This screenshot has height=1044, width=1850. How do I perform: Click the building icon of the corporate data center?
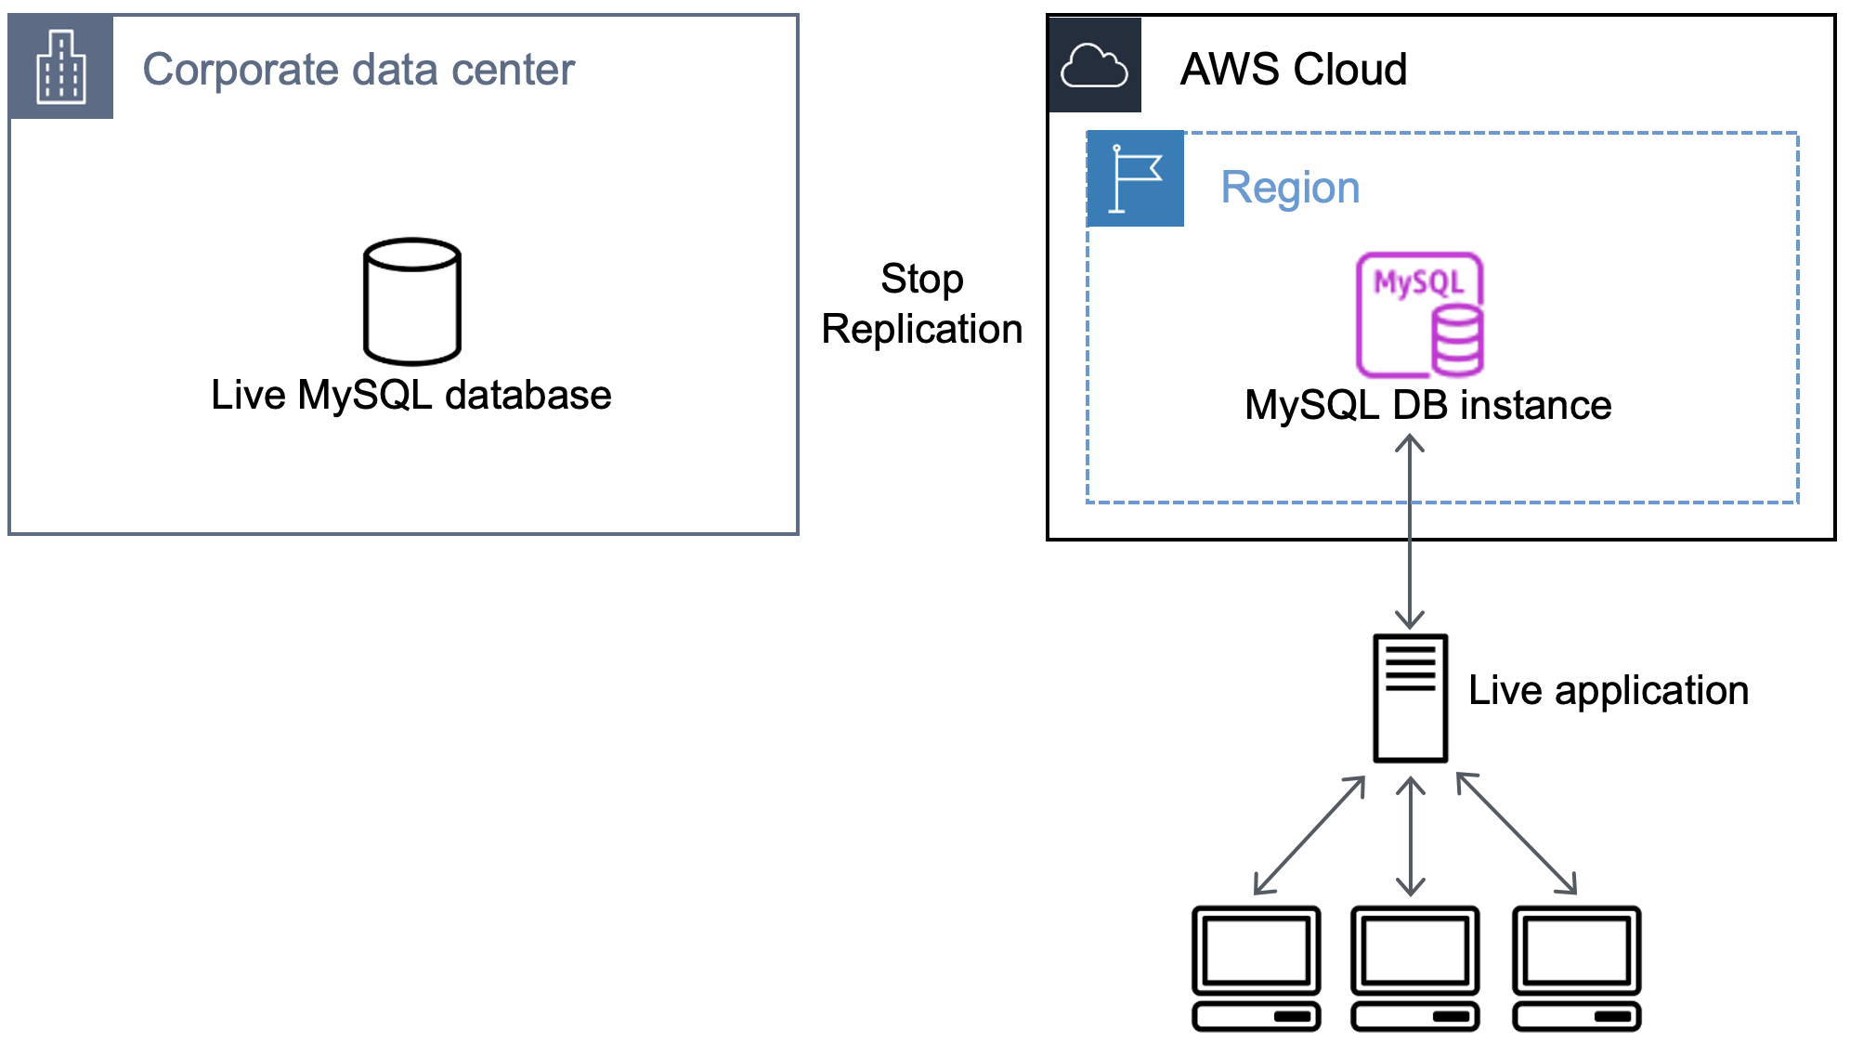pos(60,67)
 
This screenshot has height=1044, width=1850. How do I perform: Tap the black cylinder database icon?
pos(412,301)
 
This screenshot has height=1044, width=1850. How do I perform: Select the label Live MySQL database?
pos(410,396)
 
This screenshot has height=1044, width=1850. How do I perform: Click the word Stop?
pos(921,280)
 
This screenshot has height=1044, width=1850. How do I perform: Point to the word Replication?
pos(921,330)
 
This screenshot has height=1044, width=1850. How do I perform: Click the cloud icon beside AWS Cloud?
pos(1094,65)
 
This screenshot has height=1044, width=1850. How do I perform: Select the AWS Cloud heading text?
pos(1293,70)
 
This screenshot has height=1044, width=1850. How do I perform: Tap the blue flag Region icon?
pos(1135,178)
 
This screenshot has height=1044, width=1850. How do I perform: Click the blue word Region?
pos(1289,188)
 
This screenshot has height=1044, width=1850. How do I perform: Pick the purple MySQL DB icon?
pos(1419,314)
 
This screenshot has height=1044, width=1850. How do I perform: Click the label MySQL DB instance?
pos(1427,406)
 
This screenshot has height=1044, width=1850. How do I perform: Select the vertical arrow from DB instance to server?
pos(1409,539)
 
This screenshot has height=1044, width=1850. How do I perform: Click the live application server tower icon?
pos(1410,698)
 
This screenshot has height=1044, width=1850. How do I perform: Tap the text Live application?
pos(1608,691)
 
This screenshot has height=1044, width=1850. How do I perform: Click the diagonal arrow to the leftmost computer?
pos(1309,836)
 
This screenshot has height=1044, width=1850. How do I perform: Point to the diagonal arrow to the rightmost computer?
pos(1516,833)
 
